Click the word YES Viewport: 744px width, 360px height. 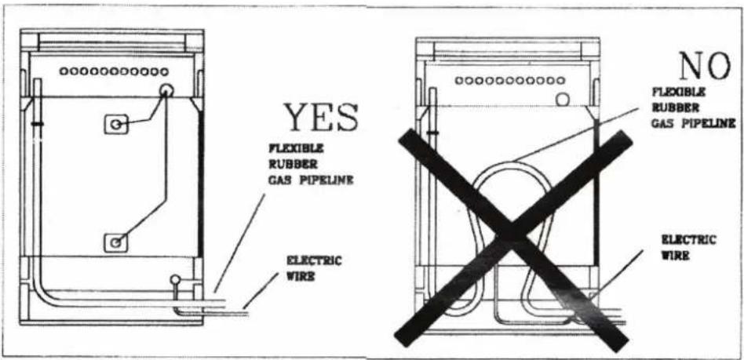tap(321, 118)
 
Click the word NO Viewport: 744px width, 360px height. tap(704, 66)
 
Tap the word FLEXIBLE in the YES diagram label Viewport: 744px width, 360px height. tap(296, 149)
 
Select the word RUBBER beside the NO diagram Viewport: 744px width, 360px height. tap(669, 107)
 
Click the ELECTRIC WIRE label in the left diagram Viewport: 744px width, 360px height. tap(313, 268)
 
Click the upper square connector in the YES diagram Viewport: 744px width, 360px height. tap(116, 124)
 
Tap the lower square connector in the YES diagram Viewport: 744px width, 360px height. tap(116, 243)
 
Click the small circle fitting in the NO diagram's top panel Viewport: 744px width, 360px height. tap(562, 99)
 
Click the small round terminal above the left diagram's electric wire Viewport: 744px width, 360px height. tap(176, 280)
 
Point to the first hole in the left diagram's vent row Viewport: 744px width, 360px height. tap(63, 71)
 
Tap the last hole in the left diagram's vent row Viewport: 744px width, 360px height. tap(164, 71)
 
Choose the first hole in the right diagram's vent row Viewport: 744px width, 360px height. tap(459, 81)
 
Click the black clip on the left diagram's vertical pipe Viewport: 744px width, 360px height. tap(37, 124)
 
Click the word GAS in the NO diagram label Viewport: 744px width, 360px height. tap(662, 124)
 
